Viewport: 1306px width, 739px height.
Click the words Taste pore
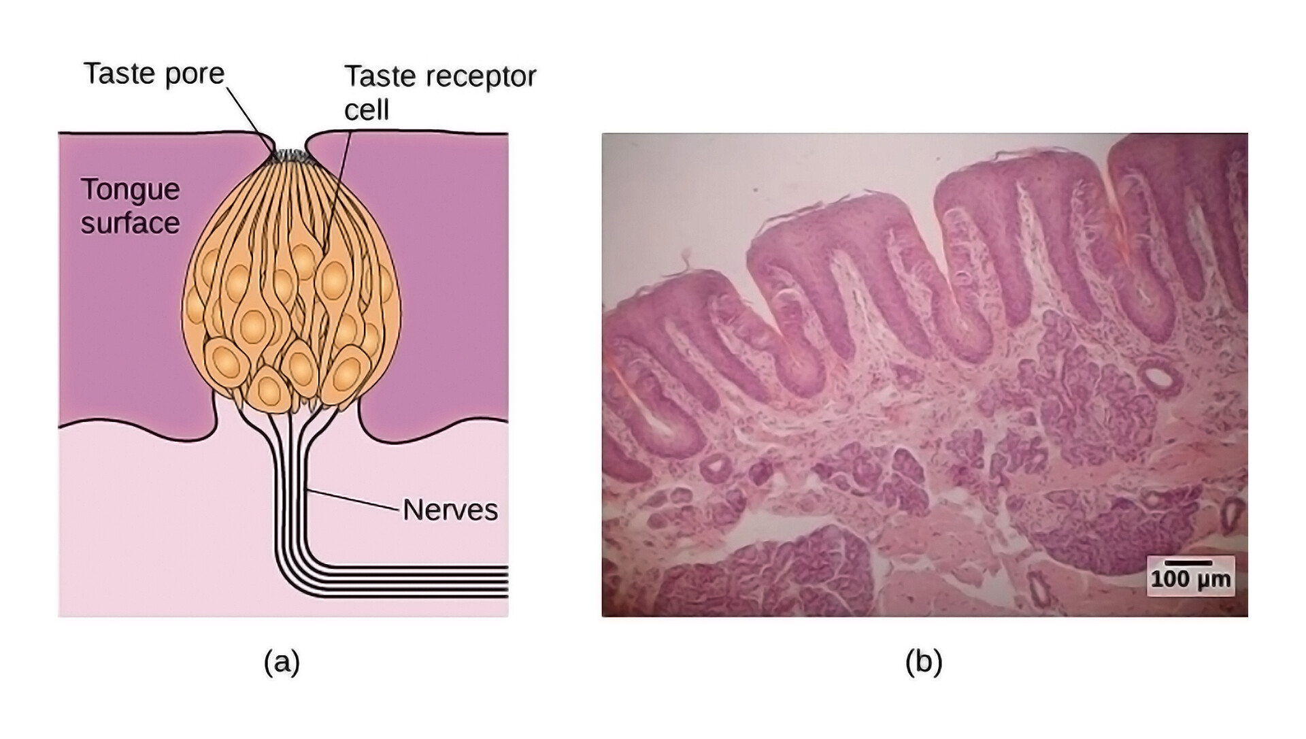[154, 73]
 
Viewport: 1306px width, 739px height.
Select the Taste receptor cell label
[439, 93]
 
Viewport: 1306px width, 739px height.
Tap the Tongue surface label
[130, 206]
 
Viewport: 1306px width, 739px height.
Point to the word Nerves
[450, 510]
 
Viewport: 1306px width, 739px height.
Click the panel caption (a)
[282, 661]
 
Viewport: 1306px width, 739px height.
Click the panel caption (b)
[924, 661]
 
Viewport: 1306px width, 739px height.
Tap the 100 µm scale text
[1190, 580]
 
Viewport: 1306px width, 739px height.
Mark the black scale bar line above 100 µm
[1188, 563]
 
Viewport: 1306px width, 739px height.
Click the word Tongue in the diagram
[130, 189]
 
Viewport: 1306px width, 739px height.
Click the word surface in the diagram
[130, 223]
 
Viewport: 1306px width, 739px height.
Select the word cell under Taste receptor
[366, 110]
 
